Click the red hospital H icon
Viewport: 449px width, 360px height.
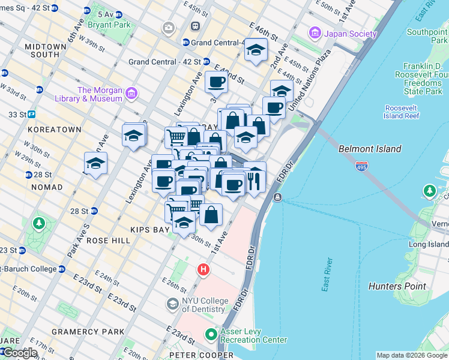point(203,270)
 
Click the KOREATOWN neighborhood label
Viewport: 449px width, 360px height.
point(53,130)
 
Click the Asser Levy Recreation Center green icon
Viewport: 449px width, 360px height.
point(211,334)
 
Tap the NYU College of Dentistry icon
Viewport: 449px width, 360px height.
point(173,304)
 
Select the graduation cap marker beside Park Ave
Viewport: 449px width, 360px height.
point(95,163)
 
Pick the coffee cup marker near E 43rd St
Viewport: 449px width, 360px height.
point(216,82)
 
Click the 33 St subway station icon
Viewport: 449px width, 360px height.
point(31,114)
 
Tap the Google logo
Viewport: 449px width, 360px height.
point(19,353)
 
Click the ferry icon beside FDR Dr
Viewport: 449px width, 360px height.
point(277,197)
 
